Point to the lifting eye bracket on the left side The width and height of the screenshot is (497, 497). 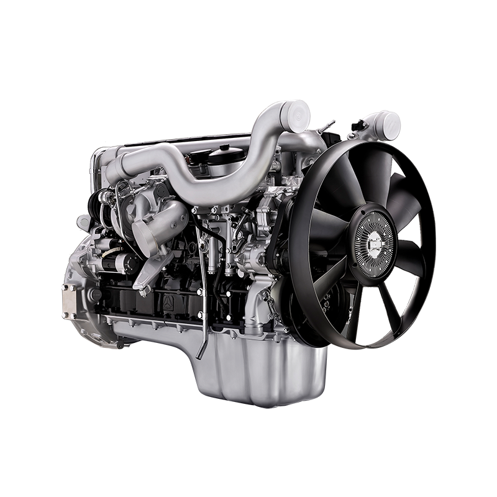point(83,221)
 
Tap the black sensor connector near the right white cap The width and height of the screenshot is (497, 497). point(357,127)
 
